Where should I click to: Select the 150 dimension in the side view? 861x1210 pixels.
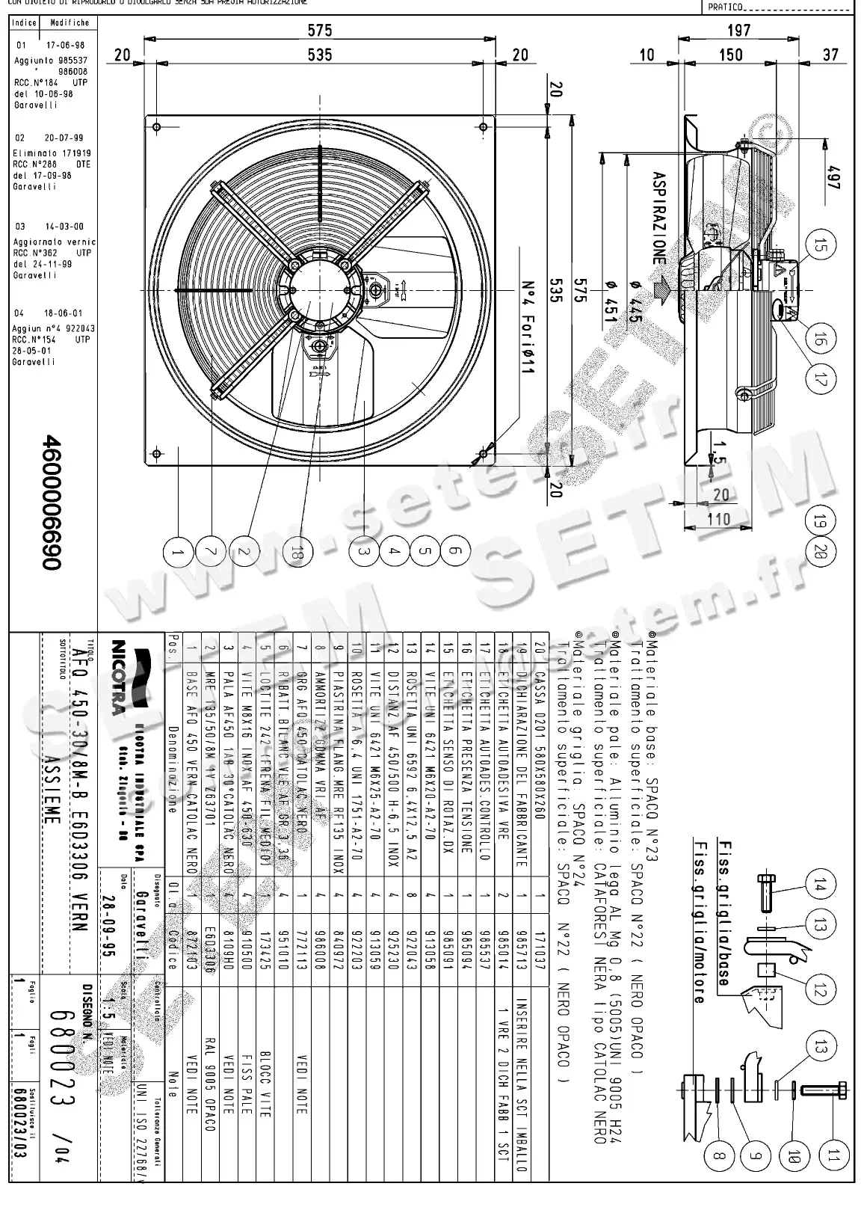[730, 55]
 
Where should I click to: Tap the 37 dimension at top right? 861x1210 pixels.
[830, 55]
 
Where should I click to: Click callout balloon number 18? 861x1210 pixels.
[298, 553]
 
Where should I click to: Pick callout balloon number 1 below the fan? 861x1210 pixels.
[177, 553]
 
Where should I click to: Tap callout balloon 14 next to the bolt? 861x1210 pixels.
[820, 887]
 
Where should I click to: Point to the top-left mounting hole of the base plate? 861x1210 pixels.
[155, 126]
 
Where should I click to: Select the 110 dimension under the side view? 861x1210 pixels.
[718, 518]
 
